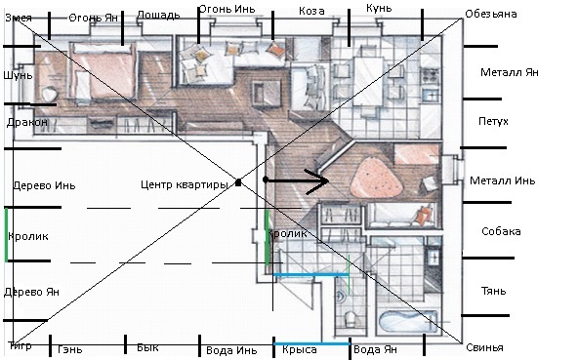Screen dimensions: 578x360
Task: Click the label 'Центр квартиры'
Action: (x=185, y=184)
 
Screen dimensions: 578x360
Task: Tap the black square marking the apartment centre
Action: (x=238, y=182)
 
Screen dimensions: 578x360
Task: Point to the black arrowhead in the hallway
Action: (x=317, y=180)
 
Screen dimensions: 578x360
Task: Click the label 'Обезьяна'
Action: (x=491, y=14)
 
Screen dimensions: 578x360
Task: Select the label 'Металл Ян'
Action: (x=510, y=72)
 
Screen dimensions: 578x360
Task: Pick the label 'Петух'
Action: (x=493, y=121)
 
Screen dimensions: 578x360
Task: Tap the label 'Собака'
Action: (x=501, y=231)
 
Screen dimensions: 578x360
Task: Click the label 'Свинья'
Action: (x=484, y=347)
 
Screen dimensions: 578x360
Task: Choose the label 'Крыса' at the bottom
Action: (x=300, y=349)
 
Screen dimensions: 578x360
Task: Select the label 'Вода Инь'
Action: (x=231, y=350)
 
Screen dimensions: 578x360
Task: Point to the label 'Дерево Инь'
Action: (x=44, y=185)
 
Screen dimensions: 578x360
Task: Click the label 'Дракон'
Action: (x=27, y=122)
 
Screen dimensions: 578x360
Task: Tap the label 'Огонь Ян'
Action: (x=94, y=18)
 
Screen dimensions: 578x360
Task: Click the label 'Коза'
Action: (x=311, y=11)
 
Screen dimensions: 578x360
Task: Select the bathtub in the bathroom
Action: (x=409, y=321)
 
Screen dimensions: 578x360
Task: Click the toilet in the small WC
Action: (x=350, y=319)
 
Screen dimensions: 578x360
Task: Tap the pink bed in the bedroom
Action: (x=104, y=71)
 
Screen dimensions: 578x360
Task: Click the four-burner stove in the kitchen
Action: (x=430, y=76)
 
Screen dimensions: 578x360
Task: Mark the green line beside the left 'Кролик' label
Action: (x=6, y=235)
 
